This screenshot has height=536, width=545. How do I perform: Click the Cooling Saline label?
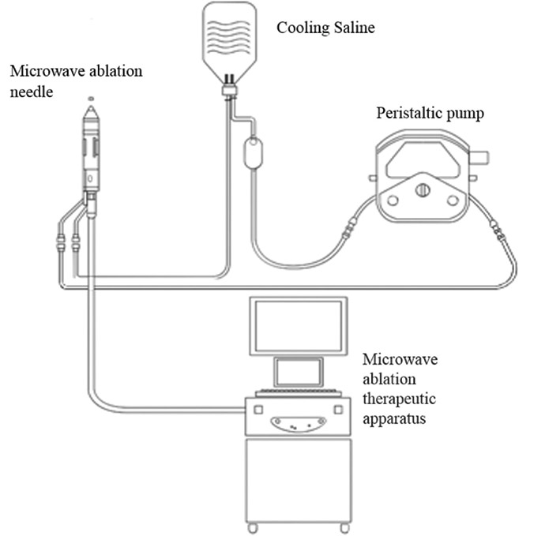pos(325,28)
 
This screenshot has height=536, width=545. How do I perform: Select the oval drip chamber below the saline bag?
pos(253,153)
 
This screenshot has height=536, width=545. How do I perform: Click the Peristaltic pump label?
pos(429,113)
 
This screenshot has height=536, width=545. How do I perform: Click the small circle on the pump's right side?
pos(453,200)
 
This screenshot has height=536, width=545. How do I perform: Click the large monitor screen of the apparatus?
pos(297,325)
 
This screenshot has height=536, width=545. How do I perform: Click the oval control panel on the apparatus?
pos(297,423)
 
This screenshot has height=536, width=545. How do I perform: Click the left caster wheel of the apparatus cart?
pos(252,527)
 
